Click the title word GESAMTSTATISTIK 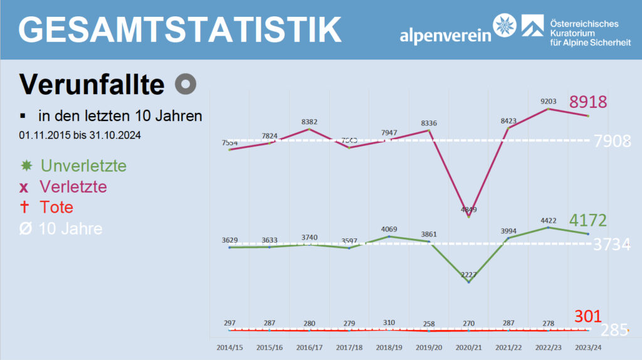[x=180, y=29]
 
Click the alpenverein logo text [x=445, y=35]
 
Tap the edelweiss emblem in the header [x=506, y=26]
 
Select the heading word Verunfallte [x=92, y=84]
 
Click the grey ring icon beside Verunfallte [x=186, y=84]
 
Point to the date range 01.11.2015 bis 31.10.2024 [x=80, y=134]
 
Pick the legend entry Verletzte [x=73, y=186]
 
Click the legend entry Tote [x=56, y=207]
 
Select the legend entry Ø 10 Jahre [x=70, y=228]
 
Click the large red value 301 [x=588, y=315]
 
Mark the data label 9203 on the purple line [x=549, y=100]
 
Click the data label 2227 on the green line [x=468, y=275]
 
